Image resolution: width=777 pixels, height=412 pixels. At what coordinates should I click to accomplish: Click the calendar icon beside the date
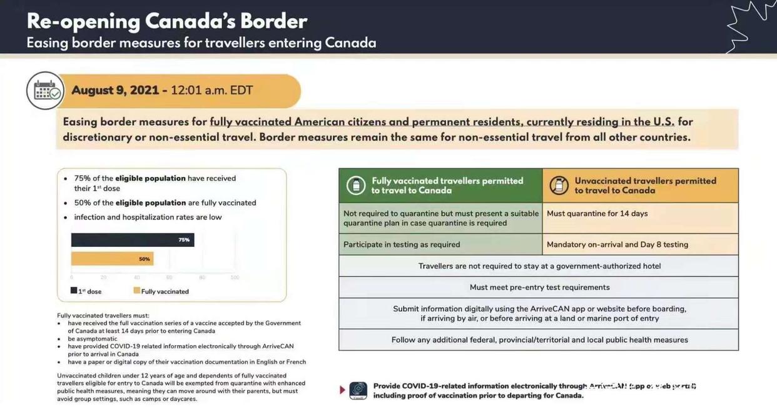pos(45,91)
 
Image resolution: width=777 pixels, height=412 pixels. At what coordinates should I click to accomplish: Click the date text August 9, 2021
pos(115,91)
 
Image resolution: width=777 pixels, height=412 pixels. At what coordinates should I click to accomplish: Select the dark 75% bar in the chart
pos(132,240)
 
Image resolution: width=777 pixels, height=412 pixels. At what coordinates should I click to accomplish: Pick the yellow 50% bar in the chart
pos(112,259)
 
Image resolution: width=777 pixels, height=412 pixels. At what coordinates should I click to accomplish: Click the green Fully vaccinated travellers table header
pos(440,186)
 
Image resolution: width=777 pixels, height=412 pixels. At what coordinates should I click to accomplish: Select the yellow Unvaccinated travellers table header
pos(640,186)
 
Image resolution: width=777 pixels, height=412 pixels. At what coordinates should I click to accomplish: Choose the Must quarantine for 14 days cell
pos(640,214)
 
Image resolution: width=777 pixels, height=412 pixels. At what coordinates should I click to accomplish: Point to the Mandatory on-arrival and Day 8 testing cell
pos(640,244)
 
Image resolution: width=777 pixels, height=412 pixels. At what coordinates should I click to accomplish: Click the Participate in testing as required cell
pos(440,244)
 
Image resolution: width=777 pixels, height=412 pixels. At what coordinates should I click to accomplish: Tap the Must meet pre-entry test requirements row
pos(539,288)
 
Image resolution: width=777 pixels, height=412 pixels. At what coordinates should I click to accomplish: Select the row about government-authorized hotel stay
pos(539,266)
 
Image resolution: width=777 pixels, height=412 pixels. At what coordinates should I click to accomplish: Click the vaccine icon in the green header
pos(356,186)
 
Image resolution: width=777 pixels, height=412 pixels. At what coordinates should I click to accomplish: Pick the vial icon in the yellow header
pos(559,186)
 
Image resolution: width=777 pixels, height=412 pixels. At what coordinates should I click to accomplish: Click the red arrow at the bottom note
pos(342,390)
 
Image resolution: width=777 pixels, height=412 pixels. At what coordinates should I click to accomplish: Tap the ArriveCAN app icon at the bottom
pos(358,391)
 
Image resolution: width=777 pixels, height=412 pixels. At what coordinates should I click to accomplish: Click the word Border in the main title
pos(273,22)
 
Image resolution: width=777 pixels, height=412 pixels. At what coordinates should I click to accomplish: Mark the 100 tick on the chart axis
pos(235,278)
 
